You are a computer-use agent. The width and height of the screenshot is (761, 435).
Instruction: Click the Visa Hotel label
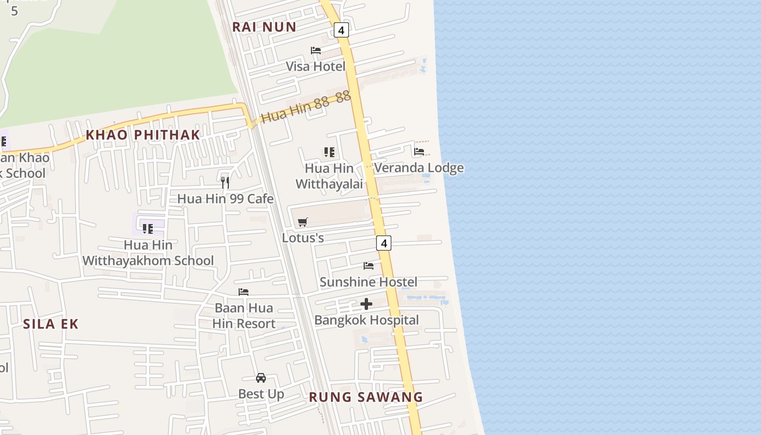click(x=315, y=66)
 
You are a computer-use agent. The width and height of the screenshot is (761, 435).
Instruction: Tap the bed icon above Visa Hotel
click(x=316, y=51)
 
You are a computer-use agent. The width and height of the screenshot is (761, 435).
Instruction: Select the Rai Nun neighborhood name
click(x=264, y=27)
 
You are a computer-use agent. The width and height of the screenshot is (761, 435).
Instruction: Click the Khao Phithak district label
click(x=143, y=135)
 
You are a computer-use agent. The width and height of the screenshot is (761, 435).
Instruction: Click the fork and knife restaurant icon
click(x=225, y=182)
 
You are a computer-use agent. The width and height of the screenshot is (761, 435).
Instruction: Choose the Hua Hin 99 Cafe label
click(x=225, y=198)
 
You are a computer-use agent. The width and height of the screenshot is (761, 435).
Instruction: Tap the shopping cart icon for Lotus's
click(x=303, y=222)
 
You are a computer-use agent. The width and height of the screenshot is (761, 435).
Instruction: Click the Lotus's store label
click(x=303, y=238)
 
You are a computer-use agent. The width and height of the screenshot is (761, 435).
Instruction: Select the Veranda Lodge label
click(x=419, y=167)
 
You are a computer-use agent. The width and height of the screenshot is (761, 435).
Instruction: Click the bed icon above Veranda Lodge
click(x=419, y=152)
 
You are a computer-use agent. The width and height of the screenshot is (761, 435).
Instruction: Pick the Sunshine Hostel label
click(x=369, y=282)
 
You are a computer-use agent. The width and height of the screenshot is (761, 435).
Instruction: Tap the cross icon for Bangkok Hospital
click(x=366, y=304)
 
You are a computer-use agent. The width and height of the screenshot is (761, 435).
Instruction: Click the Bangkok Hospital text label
click(x=366, y=320)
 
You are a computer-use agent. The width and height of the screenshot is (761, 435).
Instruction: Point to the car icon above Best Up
click(x=261, y=378)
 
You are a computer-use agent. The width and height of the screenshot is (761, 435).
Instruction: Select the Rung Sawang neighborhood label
click(x=366, y=397)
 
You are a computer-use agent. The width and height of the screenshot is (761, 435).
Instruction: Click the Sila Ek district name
click(x=51, y=324)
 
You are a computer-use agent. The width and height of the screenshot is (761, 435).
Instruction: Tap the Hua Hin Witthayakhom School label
click(x=148, y=253)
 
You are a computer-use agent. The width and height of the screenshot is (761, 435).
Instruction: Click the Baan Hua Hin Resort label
click(x=244, y=316)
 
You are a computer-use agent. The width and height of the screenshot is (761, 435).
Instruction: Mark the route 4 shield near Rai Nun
click(x=341, y=30)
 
